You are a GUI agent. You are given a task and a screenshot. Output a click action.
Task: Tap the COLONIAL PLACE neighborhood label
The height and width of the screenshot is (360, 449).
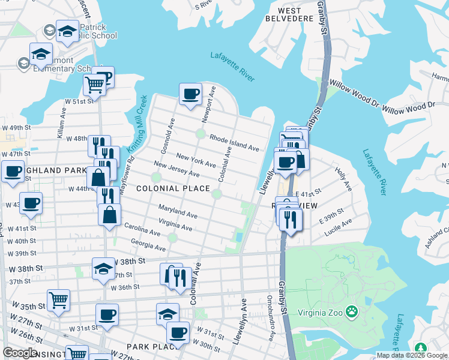tap(173, 188)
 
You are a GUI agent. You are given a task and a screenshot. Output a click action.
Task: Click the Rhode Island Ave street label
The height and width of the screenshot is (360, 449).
tap(234, 142)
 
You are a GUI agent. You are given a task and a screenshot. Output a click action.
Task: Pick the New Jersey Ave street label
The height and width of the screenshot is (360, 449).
tap(176, 169)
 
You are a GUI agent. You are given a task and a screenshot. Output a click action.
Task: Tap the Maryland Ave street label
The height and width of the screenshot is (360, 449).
tap(178, 211)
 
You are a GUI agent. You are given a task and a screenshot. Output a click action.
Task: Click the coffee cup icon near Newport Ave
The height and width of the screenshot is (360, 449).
tap(191, 94)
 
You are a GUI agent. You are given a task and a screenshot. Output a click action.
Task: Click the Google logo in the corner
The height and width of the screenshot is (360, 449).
tap(20, 353)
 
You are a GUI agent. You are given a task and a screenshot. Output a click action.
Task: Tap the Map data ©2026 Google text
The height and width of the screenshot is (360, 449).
tap(412, 355)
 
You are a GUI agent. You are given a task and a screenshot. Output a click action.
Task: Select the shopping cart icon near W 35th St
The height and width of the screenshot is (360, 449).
tap(58, 299)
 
